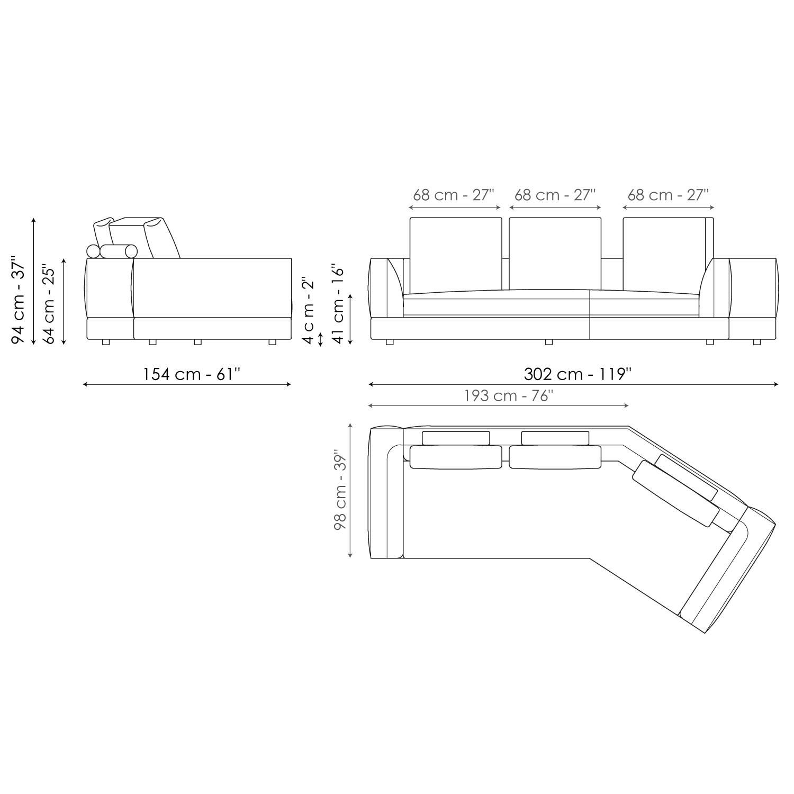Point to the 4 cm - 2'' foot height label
click(309, 310)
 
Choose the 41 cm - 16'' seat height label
click(339, 304)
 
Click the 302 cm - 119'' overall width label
click(578, 374)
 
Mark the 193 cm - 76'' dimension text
click(509, 396)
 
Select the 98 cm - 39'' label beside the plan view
click(340, 491)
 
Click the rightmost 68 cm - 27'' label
click(668, 195)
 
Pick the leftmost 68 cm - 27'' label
click(454, 195)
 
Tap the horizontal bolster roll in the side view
click(119, 251)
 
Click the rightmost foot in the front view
click(756, 342)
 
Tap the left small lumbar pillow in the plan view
click(456, 438)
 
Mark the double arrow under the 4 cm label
click(320, 339)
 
